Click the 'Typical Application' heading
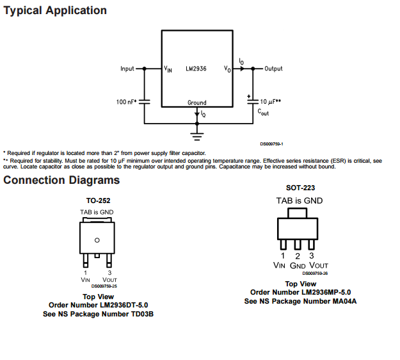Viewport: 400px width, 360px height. [x=55, y=11]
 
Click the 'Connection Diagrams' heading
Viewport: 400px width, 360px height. [x=61, y=180]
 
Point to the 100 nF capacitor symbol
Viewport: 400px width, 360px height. [x=145, y=101]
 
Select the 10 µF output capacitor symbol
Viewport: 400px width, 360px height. [x=250, y=102]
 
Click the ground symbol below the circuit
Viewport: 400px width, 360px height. [x=197, y=135]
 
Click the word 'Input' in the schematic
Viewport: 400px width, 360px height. [x=127, y=69]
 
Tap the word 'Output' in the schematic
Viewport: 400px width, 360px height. [x=273, y=69]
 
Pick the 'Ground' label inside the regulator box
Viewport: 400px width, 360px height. [x=197, y=102]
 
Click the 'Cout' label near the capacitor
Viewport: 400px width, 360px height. [x=264, y=111]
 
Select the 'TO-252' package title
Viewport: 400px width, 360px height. [x=97, y=200]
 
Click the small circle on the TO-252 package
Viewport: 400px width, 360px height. [x=97, y=240]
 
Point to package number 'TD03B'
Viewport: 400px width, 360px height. [x=142, y=314]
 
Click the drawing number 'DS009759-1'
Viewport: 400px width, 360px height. [x=271, y=144]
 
